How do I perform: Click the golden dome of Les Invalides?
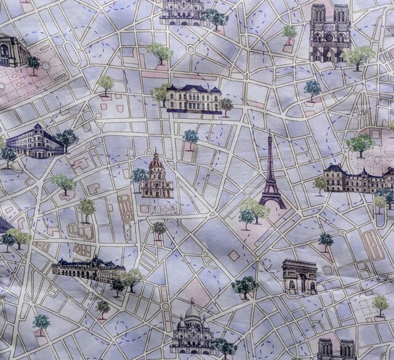coord(157,162)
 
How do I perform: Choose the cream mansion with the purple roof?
coord(193,98)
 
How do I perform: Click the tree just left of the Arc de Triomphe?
coord(246,285)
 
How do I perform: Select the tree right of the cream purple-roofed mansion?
coord(227,105)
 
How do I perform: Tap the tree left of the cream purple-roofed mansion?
coord(159,93)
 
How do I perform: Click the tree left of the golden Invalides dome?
coord(139,176)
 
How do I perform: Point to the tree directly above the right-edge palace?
coord(360,144)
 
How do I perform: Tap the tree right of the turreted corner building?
coord(66,138)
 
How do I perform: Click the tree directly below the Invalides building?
coord(159,228)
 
